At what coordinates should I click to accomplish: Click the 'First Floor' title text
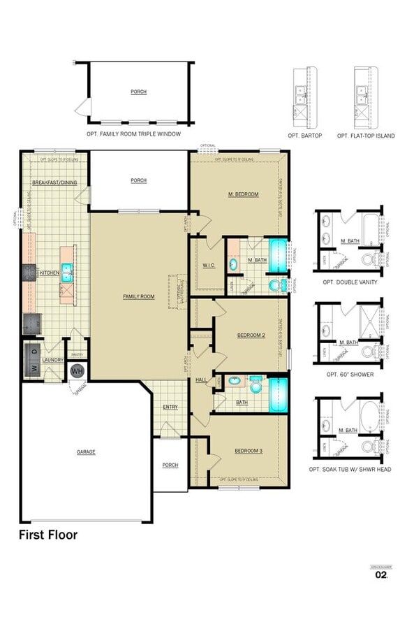(x=47, y=535)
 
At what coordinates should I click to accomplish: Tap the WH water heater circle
(x=76, y=370)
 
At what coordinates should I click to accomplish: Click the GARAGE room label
(x=86, y=452)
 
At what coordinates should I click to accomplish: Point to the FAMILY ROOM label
(x=138, y=297)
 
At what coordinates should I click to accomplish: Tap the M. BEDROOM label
(x=243, y=194)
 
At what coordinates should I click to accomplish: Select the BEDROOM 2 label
(x=251, y=335)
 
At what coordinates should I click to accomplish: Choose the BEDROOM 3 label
(x=248, y=451)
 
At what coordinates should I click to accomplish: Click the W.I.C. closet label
(x=208, y=266)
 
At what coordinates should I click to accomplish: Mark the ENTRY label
(x=170, y=407)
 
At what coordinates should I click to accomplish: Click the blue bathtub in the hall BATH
(x=278, y=396)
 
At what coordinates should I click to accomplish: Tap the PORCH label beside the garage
(x=170, y=465)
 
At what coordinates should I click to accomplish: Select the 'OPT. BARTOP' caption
(x=304, y=135)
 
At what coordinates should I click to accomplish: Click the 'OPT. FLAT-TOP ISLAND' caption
(x=364, y=135)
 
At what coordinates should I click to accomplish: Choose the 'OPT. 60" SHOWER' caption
(x=349, y=375)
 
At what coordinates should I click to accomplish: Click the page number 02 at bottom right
(x=380, y=575)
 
